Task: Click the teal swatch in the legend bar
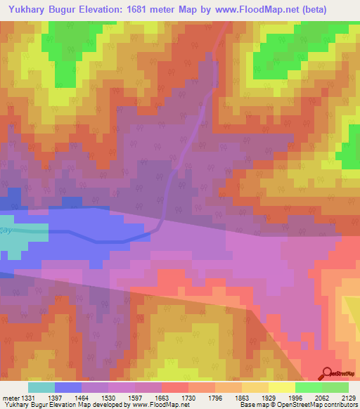point(41,387)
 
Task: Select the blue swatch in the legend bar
point(68,387)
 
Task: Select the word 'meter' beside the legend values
point(9,398)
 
